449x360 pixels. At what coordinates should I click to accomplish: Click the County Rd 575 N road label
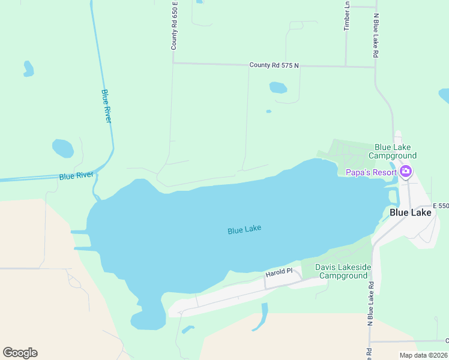[x=274, y=65]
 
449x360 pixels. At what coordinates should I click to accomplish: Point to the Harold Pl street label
[x=279, y=272]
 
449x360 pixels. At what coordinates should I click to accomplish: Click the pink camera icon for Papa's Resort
[x=406, y=172]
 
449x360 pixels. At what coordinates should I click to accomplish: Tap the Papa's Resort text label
[x=372, y=173]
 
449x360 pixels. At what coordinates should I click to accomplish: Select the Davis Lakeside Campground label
[x=343, y=271]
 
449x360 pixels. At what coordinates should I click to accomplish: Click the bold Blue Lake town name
[x=410, y=212]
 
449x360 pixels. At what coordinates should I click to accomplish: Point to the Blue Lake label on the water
[x=244, y=229]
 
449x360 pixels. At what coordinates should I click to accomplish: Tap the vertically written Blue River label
[x=106, y=106]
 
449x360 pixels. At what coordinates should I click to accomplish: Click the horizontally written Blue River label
[x=76, y=176]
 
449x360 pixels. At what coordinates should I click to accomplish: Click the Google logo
[x=20, y=353]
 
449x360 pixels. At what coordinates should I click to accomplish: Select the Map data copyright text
[x=424, y=355]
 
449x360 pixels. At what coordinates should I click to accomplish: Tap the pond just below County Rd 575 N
[x=278, y=88]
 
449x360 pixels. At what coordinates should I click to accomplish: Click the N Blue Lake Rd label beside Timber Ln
[x=376, y=35]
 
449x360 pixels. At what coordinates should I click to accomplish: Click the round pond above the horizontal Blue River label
[x=63, y=148]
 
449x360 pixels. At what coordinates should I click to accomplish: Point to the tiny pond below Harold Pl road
[x=188, y=329]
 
